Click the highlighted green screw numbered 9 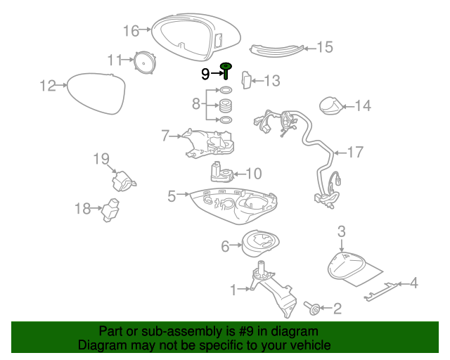226,70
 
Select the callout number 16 131,30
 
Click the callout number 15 324,47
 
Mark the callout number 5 172,196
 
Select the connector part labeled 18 110,209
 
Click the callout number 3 342,231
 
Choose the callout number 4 413,283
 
